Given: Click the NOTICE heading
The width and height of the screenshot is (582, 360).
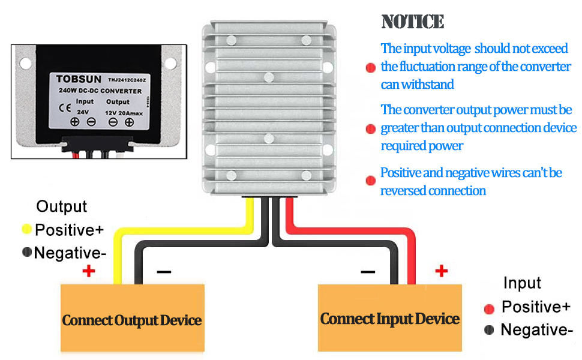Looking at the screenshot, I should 413,22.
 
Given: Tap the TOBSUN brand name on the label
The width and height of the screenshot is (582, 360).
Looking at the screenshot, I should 78,79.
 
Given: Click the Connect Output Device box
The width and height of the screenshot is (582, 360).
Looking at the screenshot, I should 132,319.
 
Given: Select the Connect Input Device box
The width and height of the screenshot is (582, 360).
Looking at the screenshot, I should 389,317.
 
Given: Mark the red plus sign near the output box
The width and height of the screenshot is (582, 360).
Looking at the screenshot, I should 89,271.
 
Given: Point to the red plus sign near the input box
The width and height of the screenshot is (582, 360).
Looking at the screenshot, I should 442,271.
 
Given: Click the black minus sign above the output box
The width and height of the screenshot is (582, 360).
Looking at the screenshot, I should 164,272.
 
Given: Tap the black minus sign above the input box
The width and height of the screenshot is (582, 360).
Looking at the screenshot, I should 368,272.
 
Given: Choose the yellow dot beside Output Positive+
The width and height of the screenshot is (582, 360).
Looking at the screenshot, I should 26,229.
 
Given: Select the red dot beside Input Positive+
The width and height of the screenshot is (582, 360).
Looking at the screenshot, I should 489,308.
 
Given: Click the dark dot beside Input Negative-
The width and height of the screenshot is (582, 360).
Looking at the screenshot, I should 489,329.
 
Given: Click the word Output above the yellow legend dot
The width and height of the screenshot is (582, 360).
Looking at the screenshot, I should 62,206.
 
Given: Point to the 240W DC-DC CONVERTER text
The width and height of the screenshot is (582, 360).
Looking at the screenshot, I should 100,91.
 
